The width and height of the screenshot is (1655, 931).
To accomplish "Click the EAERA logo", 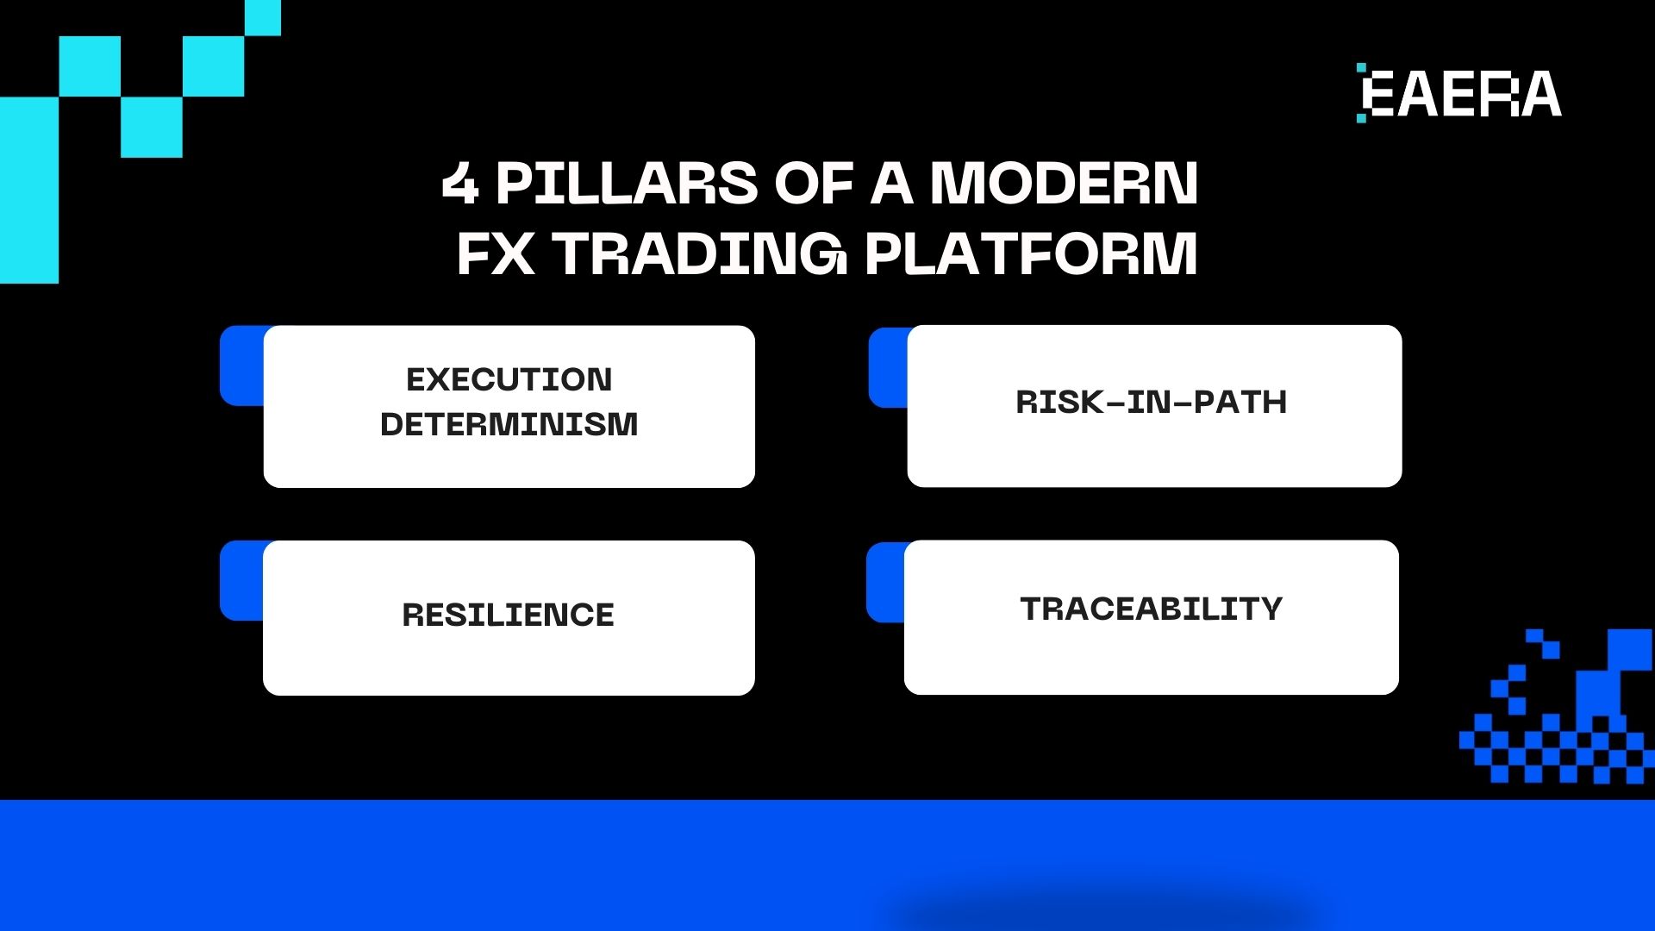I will [x=1460, y=93].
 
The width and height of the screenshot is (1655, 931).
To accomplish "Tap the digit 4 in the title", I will [x=459, y=183].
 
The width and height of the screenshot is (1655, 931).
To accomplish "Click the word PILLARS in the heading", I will [x=626, y=183].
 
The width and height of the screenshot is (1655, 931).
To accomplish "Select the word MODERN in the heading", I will [x=1064, y=183].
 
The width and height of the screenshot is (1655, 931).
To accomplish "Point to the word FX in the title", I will [x=495, y=253].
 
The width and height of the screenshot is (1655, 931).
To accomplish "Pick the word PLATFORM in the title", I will [x=1031, y=253].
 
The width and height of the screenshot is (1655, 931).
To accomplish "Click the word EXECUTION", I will [x=509, y=379].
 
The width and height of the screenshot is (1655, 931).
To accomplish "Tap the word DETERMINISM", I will [x=509, y=424].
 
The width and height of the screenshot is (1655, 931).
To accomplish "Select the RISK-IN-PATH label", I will [x=1152, y=402].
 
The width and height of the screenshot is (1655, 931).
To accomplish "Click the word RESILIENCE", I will [x=509, y=615].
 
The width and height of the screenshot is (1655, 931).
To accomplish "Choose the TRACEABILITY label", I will [x=1152, y=609].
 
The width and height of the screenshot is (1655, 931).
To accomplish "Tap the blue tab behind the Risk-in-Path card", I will [x=888, y=368].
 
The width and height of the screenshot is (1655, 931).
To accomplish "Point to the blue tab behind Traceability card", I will [x=885, y=583].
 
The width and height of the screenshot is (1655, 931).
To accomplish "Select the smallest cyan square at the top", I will [x=263, y=17].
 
